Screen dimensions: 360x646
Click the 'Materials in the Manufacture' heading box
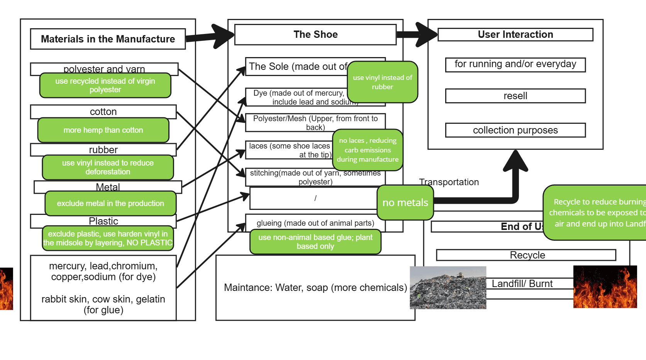[x=108, y=39]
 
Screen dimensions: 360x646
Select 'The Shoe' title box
[x=315, y=35]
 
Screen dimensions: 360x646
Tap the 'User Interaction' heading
[x=515, y=34]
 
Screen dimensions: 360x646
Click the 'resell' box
[x=515, y=96]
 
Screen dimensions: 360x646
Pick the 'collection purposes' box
[x=515, y=130]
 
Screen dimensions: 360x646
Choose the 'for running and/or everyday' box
[x=515, y=64]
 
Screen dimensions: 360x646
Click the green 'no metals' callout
[x=405, y=203]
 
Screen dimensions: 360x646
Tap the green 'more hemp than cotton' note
[x=103, y=130]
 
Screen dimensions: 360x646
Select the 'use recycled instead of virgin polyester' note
[x=105, y=85]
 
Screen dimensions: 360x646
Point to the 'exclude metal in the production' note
[x=110, y=203]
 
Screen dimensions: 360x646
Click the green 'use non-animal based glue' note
[x=315, y=242]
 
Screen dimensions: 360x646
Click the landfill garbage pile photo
[x=448, y=287]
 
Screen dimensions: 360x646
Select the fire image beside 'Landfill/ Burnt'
[x=605, y=287]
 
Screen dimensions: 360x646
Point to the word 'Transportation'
[x=449, y=182]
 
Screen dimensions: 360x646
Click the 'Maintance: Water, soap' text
[x=315, y=287]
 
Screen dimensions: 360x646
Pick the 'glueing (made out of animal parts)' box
[x=315, y=223]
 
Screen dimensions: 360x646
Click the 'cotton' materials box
[x=103, y=112]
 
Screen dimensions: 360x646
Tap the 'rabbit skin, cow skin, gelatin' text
[x=103, y=304]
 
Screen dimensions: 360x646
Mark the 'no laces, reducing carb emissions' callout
[x=368, y=150]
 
